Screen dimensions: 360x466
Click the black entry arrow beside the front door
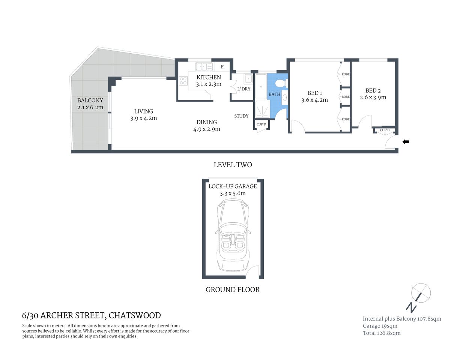click(406, 142)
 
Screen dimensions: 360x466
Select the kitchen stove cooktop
click(183, 81)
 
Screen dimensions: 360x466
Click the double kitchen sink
click(201, 67)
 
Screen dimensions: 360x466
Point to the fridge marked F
click(222, 67)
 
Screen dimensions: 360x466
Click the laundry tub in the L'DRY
click(248, 79)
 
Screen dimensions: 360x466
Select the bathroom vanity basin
click(284, 98)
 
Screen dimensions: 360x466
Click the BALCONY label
click(90, 100)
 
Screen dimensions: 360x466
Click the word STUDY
click(241, 116)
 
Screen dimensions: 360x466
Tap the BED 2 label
click(373, 90)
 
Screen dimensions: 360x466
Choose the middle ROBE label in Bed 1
click(345, 97)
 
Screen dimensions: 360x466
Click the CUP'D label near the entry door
click(385, 130)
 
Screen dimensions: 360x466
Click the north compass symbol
click(421, 292)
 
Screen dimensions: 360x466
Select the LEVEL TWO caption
click(233, 165)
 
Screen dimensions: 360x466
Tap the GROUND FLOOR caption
click(233, 289)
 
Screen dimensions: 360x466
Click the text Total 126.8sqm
click(382, 333)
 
